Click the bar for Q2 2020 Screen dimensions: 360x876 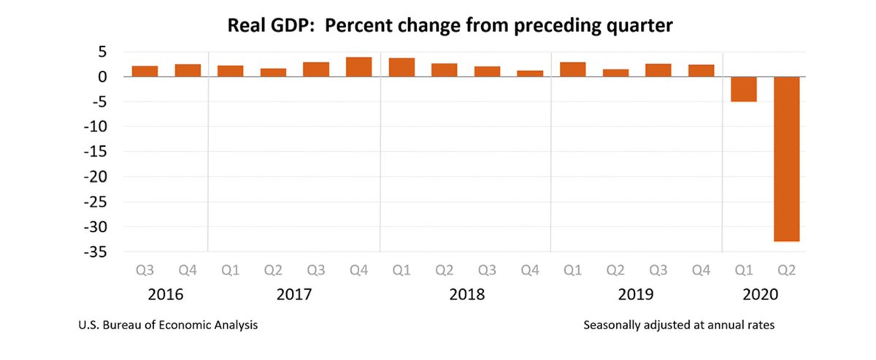pyautogui.click(x=787, y=158)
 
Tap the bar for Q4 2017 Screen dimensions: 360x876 pyautogui.click(x=358, y=67)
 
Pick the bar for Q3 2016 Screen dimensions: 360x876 pyautogui.click(x=145, y=71)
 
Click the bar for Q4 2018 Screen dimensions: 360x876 pyautogui.click(x=530, y=73)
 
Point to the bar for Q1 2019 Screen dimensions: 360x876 pyautogui.click(x=572, y=69)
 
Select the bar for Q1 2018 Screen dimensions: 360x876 pyautogui.click(x=401, y=67)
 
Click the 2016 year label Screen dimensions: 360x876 pyautogui.click(x=166, y=295)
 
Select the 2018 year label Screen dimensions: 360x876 pyautogui.click(x=466, y=295)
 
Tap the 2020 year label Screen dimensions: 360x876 pyautogui.click(x=765, y=295)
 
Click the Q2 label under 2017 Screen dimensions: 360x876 pyautogui.click(x=273, y=271)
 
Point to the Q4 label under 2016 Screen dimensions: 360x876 pyautogui.click(x=188, y=271)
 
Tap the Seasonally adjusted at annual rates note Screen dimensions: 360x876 pyautogui.click(x=679, y=325)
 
